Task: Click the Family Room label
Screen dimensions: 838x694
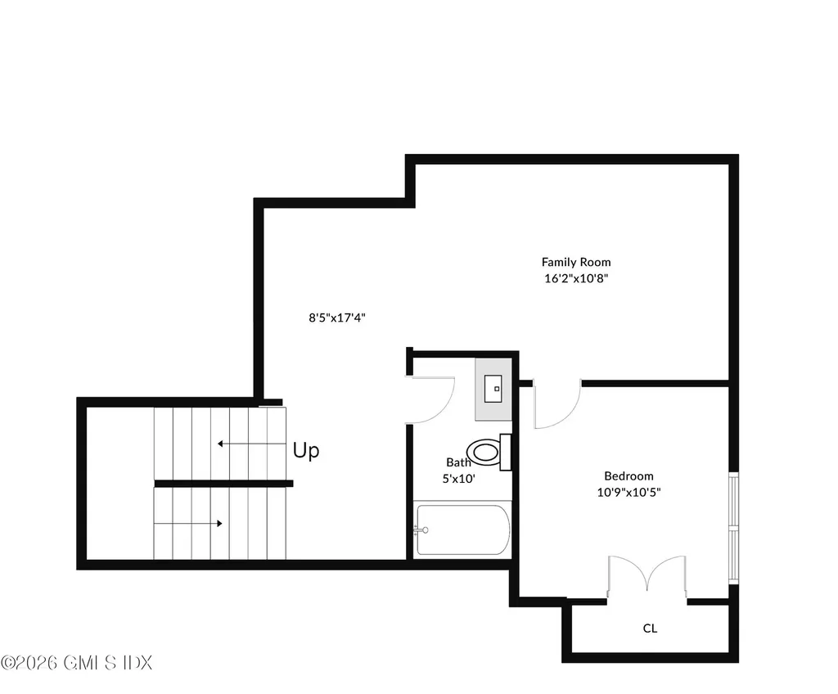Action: tap(576, 262)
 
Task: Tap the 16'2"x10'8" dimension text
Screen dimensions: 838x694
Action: tap(576, 278)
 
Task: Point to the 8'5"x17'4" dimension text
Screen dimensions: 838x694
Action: tap(337, 318)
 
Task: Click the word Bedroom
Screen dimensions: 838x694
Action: tap(628, 475)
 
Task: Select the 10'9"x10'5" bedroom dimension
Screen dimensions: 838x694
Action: tap(628, 492)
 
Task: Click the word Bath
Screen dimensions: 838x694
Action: tap(458, 462)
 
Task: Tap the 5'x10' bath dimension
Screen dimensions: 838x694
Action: tap(458, 479)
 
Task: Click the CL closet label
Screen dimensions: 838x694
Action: tap(650, 629)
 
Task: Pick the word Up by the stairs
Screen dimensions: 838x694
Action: tap(306, 450)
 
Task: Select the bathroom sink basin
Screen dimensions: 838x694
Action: tap(493, 389)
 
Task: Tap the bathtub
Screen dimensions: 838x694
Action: tap(463, 530)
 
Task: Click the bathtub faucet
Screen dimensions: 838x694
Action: tap(421, 530)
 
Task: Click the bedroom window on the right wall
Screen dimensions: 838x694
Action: tap(734, 528)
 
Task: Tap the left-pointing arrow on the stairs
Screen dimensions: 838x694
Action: tap(252, 444)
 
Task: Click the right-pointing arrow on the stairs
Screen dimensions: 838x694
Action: tap(188, 524)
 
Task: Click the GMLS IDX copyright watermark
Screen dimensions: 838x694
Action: tap(76, 663)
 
